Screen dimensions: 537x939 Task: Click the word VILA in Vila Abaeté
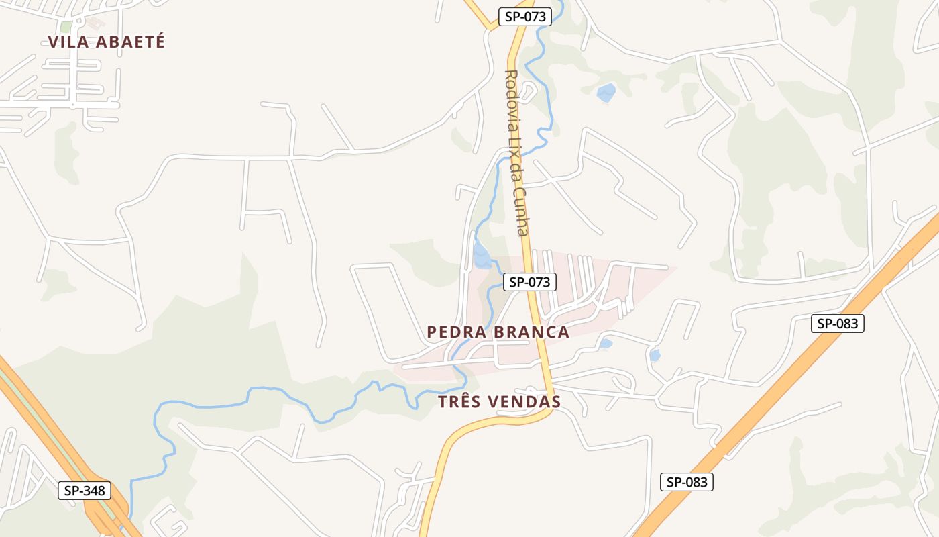(70, 42)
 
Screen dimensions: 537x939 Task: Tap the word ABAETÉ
(131, 42)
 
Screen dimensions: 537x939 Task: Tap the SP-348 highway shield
(85, 491)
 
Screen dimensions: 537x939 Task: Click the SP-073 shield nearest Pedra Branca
(530, 282)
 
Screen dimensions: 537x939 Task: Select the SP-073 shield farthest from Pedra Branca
(525, 17)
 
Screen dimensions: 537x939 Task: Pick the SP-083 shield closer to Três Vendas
(687, 482)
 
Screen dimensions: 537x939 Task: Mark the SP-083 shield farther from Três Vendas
(838, 324)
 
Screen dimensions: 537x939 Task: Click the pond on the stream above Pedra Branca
(482, 255)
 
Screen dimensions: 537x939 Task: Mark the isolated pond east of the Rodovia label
(606, 93)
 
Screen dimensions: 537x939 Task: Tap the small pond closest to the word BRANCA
(606, 344)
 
